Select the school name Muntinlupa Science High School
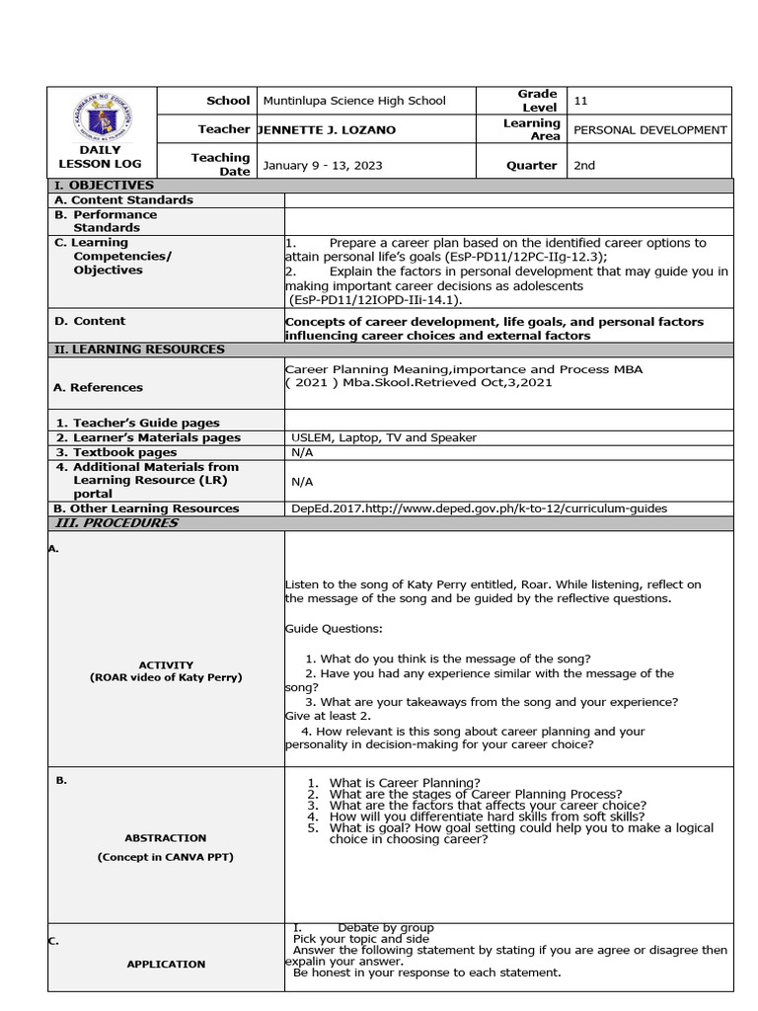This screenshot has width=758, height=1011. (x=354, y=101)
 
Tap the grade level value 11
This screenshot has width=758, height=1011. (x=580, y=101)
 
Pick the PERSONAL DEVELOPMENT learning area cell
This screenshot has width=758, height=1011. (x=649, y=129)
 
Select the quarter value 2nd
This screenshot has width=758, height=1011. (x=584, y=165)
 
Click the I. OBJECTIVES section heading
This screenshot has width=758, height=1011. (x=104, y=186)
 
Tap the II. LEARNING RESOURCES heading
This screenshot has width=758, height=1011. (x=139, y=350)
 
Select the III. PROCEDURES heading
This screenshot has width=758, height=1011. (x=115, y=523)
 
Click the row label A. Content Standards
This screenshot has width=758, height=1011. (x=123, y=200)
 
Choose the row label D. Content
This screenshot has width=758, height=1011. (x=90, y=321)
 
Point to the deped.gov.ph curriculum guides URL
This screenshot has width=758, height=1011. (x=479, y=508)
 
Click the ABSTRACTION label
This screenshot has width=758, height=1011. (x=166, y=837)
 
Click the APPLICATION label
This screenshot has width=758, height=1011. (x=166, y=964)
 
